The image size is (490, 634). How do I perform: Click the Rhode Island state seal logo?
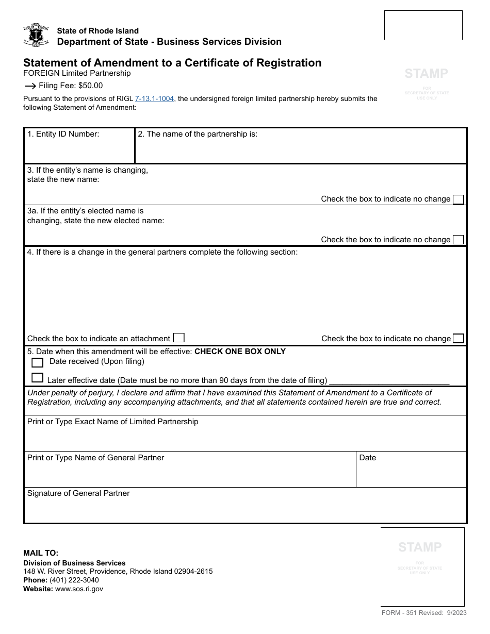(x=36, y=36)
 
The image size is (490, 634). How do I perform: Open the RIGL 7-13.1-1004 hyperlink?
(x=154, y=98)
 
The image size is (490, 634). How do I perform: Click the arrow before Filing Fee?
(x=30, y=86)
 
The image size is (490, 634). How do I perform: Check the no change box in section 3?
(x=458, y=199)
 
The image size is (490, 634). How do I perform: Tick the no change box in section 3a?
(x=458, y=240)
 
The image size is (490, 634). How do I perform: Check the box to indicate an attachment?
(x=178, y=338)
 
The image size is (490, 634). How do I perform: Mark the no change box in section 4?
(x=458, y=339)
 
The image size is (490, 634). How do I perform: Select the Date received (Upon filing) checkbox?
(x=37, y=362)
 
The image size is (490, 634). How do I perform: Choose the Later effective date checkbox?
(x=37, y=378)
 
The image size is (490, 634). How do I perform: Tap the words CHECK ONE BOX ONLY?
(x=240, y=352)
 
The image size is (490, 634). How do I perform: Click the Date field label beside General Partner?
(x=368, y=458)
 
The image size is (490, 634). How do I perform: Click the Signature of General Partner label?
(x=78, y=493)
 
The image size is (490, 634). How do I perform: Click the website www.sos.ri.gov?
(x=79, y=589)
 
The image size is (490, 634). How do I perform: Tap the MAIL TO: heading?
(x=41, y=553)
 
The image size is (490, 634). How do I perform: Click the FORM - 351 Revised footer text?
(x=423, y=613)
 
